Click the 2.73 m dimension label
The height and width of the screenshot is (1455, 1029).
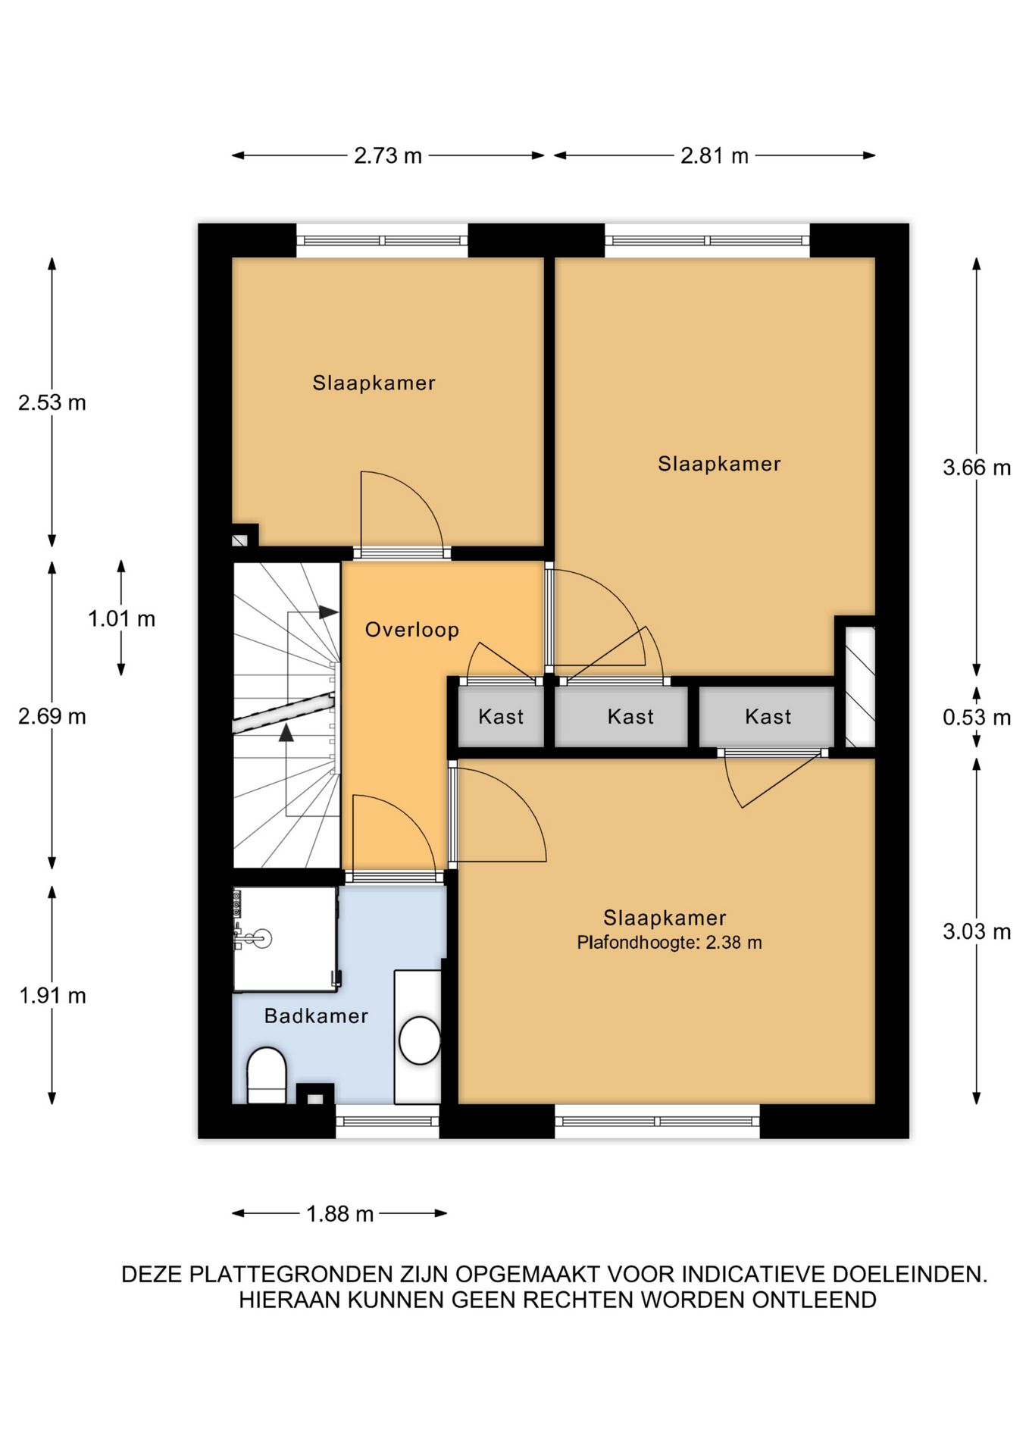coord(387,155)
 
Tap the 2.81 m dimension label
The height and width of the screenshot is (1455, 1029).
coord(714,155)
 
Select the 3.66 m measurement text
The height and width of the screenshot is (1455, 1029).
coord(977,468)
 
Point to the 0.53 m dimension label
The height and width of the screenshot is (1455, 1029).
coord(977,717)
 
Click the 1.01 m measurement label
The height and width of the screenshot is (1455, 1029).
coord(121,618)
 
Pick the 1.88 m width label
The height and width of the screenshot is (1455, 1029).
coord(339,1214)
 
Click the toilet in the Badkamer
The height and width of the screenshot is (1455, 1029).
coord(267,1075)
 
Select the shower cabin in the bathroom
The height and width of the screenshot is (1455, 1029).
coord(285,939)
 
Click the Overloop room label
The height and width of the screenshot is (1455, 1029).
coord(412,630)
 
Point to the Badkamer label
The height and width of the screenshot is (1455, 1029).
coord(316,1015)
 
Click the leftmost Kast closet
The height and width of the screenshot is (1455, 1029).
coord(501,716)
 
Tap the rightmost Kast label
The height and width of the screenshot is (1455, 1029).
coord(768,716)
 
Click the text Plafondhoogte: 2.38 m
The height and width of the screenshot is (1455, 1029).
coord(669,943)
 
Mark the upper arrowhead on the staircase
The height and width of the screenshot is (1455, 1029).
coord(329,612)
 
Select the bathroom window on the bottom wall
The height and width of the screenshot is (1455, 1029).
coord(387,1122)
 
